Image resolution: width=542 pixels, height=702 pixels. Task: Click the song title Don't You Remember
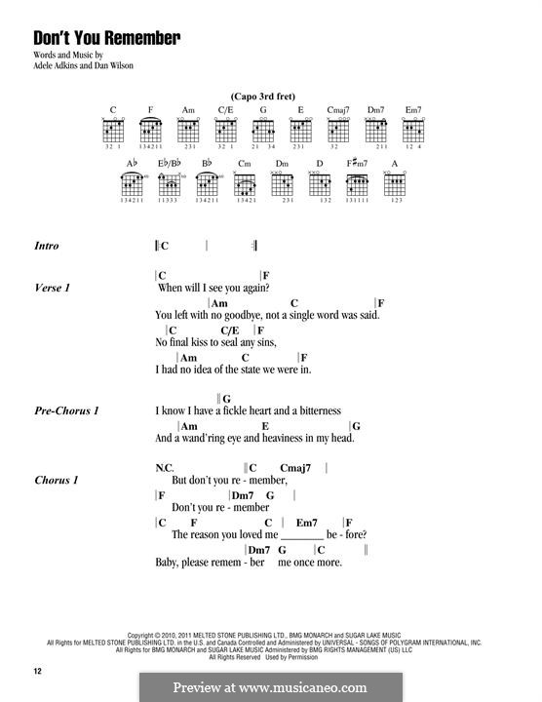pos(107,38)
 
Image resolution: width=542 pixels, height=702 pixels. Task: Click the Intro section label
pos(46,246)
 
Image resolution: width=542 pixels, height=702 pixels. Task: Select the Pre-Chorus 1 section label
pos(66,411)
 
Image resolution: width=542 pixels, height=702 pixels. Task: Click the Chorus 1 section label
pos(56,480)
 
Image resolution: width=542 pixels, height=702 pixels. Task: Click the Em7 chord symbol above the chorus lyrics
pos(307,523)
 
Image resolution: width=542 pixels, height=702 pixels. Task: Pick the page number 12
pos(38,672)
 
